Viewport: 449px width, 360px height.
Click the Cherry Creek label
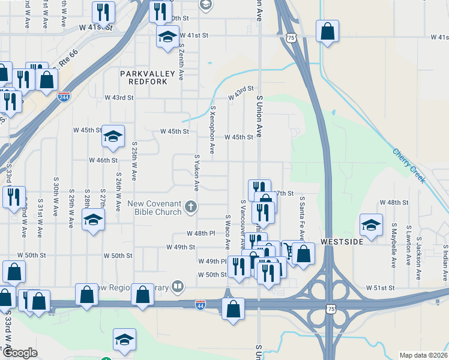(409, 166)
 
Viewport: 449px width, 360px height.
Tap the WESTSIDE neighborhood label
(342, 241)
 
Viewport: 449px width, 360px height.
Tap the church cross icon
(191, 208)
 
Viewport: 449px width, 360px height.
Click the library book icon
(177, 286)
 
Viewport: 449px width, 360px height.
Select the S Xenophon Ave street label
(212, 130)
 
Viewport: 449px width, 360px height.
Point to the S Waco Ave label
(228, 232)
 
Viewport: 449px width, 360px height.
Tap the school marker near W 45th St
(112, 136)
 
